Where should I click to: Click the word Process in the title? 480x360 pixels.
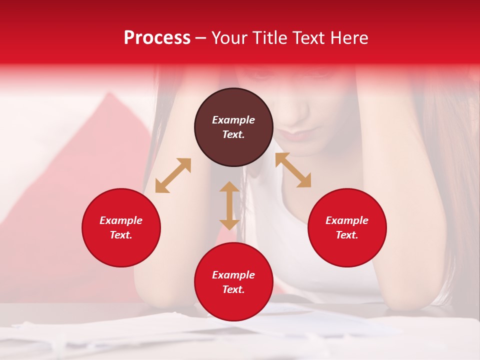pos(157,38)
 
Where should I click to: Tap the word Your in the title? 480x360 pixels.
pos(229,38)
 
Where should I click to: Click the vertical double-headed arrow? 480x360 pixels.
pos(229,205)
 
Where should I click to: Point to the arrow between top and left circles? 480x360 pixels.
pos(173,175)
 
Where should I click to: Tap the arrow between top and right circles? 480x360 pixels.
pos(293,170)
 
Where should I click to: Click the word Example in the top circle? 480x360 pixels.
pos(233,120)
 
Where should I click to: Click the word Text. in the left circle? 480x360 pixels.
pos(121,235)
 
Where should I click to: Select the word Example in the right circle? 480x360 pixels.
pos(347,220)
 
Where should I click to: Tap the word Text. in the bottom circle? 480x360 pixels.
pos(233,289)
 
